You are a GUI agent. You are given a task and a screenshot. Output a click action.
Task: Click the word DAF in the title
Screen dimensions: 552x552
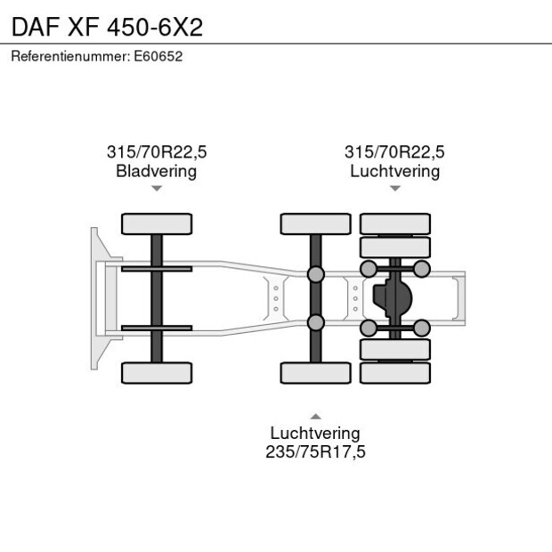[x=33, y=26]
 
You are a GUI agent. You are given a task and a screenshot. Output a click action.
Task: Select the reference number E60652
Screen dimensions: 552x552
[x=158, y=56]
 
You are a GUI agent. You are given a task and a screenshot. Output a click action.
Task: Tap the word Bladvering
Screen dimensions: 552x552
[x=156, y=171]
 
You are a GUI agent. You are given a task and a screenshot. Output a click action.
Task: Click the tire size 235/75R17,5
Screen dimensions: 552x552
[x=315, y=451]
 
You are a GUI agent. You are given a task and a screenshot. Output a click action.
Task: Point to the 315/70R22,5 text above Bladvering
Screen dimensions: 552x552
[x=156, y=151]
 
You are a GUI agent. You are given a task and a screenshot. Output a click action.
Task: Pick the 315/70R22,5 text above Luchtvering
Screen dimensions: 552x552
[x=394, y=151]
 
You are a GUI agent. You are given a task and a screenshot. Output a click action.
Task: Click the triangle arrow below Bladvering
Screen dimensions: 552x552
[x=157, y=188]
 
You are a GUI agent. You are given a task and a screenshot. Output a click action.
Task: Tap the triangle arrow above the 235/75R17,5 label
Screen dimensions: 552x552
[x=315, y=416]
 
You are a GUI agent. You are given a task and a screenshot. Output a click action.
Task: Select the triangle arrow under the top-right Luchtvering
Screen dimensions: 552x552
[x=394, y=188]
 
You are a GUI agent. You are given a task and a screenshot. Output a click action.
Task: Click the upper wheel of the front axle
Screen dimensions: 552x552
[x=157, y=223]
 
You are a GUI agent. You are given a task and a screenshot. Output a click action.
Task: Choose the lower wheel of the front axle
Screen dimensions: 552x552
[x=157, y=372]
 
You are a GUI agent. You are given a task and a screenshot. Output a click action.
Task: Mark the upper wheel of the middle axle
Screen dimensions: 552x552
[x=315, y=223]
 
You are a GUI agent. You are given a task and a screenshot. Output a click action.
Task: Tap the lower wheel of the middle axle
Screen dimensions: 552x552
[x=315, y=372]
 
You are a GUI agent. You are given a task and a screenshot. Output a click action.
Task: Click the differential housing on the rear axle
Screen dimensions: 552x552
[x=394, y=298]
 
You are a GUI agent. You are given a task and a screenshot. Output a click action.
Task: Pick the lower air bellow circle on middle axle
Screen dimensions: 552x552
[x=315, y=322]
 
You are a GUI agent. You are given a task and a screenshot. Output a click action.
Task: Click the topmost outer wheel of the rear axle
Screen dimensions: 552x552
[x=394, y=223]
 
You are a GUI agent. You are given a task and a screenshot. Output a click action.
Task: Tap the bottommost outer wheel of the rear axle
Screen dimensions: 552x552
[x=394, y=372]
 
